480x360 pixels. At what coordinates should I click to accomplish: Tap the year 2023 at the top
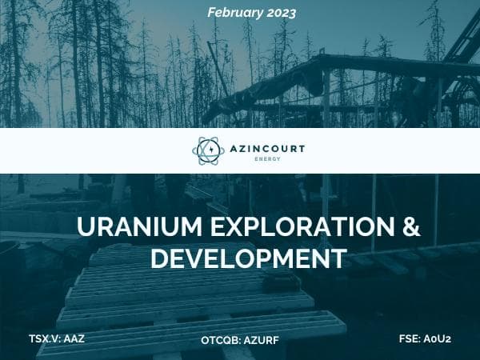tap(277, 13)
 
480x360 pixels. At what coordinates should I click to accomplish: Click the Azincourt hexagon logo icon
tap(210, 150)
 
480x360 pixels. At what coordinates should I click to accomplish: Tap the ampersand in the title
tap(410, 228)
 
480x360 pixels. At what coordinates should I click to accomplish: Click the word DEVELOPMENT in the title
tap(249, 258)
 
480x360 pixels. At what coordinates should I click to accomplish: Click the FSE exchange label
tap(410, 338)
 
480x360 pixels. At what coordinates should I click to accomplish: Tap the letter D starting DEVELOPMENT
tap(159, 258)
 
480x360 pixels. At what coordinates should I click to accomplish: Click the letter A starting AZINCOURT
tap(232, 147)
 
